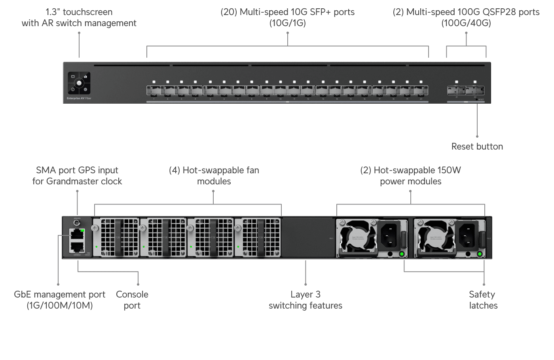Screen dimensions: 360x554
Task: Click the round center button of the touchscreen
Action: point(79,83)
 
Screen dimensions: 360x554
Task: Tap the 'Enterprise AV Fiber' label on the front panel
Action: point(79,98)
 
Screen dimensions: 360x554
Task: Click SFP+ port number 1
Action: point(154,91)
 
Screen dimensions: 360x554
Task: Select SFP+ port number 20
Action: point(421,91)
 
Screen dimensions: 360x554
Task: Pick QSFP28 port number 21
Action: point(456,90)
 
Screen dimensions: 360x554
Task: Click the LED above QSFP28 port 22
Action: point(475,82)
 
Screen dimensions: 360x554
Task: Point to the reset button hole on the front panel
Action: point(476,99)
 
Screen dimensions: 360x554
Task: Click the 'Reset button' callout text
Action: point(477,146)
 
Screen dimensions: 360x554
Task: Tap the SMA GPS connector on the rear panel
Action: point(77,223)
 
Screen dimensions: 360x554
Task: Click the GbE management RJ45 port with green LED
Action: point(77,234)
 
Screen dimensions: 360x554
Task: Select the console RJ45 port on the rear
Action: point(77,247)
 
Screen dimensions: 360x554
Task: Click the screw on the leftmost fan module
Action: point(95,228)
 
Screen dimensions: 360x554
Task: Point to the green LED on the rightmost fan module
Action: point(238,247)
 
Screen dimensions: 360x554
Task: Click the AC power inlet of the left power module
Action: point(390,234)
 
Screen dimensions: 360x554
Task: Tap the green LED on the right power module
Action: point(480,254)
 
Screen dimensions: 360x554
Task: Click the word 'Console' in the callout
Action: point(132,294)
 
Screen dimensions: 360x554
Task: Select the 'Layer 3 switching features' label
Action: point(305,300)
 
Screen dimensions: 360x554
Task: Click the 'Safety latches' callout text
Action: point(483,300)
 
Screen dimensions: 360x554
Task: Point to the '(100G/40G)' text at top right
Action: point(466,23)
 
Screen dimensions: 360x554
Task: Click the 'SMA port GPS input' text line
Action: point(77,170)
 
